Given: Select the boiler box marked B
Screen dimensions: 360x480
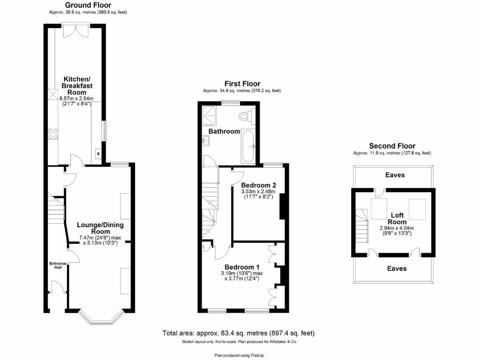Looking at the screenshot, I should (x=98, y=153).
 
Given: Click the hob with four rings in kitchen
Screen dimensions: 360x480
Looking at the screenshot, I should (x=52, y=134).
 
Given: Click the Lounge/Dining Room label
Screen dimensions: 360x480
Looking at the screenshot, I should (x=100, y=228).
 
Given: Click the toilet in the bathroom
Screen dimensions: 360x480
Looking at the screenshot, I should (x=244, y=116).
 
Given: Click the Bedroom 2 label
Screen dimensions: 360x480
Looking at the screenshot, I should (x=257, y=185).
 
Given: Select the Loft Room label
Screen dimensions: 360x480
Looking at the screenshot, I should (x=397, y=218).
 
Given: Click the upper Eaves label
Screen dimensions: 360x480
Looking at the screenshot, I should (x=395, y=175).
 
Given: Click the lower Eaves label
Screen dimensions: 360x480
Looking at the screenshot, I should (x=397, y=269).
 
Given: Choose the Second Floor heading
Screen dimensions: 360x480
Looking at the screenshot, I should (x=392, y=146).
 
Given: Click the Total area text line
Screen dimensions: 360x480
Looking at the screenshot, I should (x=238, y=333).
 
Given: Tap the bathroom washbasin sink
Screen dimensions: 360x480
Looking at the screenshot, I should (x=206, y=140).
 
